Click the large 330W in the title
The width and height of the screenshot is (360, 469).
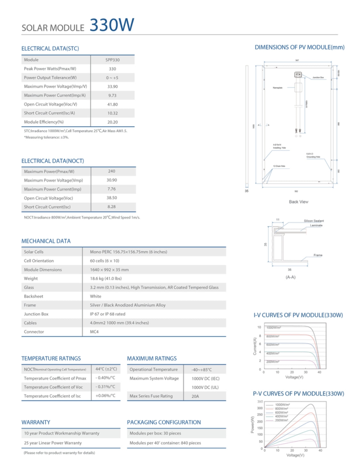(x=112, y=25)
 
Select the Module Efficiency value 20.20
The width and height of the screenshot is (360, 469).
(x=112, y=122)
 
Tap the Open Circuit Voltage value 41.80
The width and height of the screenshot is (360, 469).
(x=112, y=104)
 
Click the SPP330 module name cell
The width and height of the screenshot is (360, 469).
(x=112, y=60)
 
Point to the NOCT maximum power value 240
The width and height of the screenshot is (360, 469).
(x=111, y=171)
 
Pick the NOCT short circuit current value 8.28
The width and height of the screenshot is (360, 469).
(x=111, y=207)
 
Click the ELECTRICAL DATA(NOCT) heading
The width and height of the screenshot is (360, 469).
(x=52, y=161)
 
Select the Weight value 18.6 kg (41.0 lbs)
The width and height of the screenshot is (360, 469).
(x=106, y=278)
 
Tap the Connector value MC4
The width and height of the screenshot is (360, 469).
(x=94, y=332)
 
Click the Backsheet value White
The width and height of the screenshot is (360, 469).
(x=95, y=296)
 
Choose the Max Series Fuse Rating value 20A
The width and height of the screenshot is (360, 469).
(x=195, y=396)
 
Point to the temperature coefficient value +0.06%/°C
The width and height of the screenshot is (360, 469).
(x=105, y=396)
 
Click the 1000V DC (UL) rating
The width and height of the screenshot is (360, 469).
(x=205, y=387)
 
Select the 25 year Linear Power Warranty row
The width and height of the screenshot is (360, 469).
(x=53, y=443)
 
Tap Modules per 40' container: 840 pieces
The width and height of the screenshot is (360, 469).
(x=165, y=443)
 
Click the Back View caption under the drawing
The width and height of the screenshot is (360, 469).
(x=298, y=202)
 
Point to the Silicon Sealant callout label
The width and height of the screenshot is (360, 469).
(x=314, y=221)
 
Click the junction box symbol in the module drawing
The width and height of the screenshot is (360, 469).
(x=298, y=75)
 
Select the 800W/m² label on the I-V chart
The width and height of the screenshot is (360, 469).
(x=273, y=336)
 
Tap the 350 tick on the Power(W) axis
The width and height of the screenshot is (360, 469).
(x=260, y=401)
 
